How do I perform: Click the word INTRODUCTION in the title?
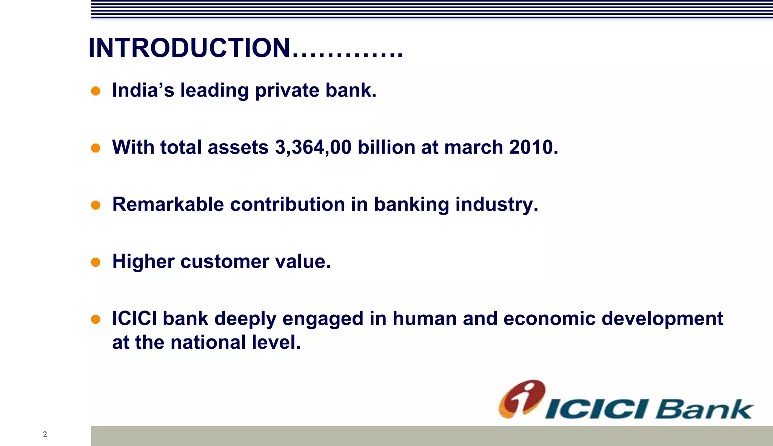click(x=189, y=48)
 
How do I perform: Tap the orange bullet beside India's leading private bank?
click(x=96, y=91)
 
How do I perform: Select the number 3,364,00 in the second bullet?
click(x=313, y=147)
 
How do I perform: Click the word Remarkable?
click(x=168, y=205)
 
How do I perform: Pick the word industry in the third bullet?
click(x=496, y=205)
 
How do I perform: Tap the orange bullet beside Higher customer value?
click(x=96, y=262)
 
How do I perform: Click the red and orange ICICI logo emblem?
click(x=522, y=399)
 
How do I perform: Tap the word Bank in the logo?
click(x=704, y=409)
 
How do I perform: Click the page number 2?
click(x=45, y=434)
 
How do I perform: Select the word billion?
click(x=386, y=147)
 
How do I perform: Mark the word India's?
click(x=143, y=90)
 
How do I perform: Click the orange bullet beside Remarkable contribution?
click(x=96, y=205)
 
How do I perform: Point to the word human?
click(x=425, y=318)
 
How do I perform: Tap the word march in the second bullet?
click(x=474, y=147)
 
